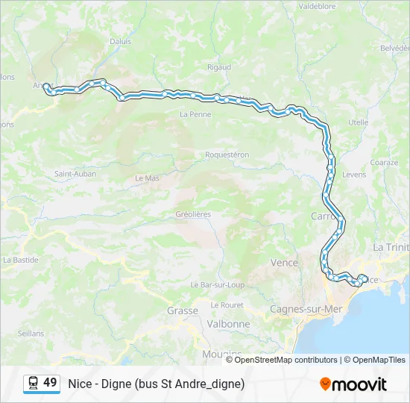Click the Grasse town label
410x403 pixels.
182,310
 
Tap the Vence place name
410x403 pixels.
283,263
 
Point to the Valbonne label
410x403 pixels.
229,324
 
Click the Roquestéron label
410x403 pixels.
227,154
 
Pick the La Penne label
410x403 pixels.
196,114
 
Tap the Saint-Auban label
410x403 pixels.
75,174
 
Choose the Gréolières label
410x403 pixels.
193,214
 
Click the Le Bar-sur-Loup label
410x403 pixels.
218,284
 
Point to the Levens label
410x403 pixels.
354,174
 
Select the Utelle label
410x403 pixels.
358,122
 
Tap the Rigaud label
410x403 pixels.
219,67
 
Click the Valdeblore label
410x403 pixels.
318,5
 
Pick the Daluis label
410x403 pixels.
119,42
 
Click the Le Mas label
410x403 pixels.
147,178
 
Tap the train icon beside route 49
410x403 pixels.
33,384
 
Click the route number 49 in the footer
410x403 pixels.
50,383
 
